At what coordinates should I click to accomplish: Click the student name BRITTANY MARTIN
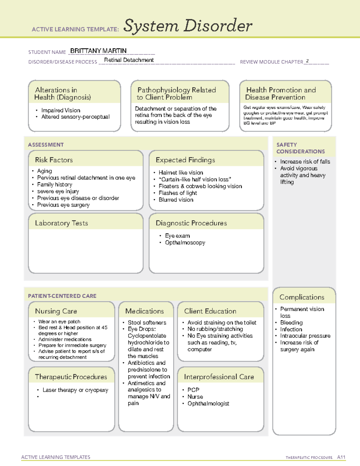[x=98, y=51]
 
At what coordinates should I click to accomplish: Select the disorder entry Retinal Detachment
[x=129, y=60]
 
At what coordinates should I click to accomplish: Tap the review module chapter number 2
[x=307, y=61]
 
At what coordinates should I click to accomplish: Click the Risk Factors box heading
[x=54, y=160]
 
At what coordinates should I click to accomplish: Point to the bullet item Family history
[x=55, y=185]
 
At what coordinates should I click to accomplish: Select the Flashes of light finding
[x=178, y=193]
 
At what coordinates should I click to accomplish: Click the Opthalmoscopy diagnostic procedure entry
[x=185, y=242]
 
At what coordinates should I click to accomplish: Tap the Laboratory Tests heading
[x=61, y=223]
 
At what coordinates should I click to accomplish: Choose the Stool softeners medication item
[x=147, y=323]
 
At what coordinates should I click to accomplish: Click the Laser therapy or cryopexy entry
[x=75, y=390]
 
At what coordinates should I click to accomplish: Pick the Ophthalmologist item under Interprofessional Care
[x=208, y=404]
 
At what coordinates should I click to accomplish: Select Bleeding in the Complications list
[x=291, y=323]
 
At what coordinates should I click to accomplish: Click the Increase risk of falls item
[x=305, y=161]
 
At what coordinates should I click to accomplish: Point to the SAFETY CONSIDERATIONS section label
[x=300, y=148]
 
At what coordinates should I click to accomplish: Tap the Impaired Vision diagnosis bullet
[x=61, y=110]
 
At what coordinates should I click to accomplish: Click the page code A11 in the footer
[x=341, y=457]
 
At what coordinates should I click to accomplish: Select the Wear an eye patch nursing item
[x=59, y=321]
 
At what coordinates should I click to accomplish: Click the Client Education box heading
[x=210, y=311]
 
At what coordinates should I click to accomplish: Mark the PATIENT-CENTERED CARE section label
[x=62, y=296]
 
